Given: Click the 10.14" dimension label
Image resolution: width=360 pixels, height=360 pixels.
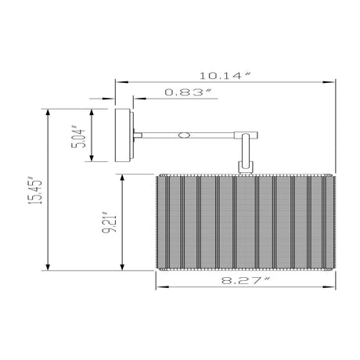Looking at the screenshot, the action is (x=225, y=76).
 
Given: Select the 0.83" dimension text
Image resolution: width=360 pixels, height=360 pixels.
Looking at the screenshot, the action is (x=188, y=92).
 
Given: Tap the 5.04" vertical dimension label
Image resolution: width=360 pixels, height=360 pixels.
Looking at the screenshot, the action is (x=78, y=138).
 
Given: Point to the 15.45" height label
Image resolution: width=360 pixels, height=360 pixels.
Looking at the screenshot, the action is (x=35, y=192).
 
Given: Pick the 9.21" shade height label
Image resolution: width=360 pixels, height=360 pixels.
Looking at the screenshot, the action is (x=109, y=221).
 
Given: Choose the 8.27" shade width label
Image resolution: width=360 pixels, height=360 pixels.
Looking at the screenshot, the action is (x=246, y=280).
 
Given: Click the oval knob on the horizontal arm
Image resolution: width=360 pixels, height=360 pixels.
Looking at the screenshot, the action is (x=184, y=135).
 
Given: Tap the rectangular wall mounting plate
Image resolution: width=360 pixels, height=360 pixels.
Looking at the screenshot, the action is (x=123, y=135).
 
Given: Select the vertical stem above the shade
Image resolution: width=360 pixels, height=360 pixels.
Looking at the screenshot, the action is (x=246, y=150).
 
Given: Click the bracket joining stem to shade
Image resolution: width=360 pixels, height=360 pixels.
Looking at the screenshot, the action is (x=246, y=167).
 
